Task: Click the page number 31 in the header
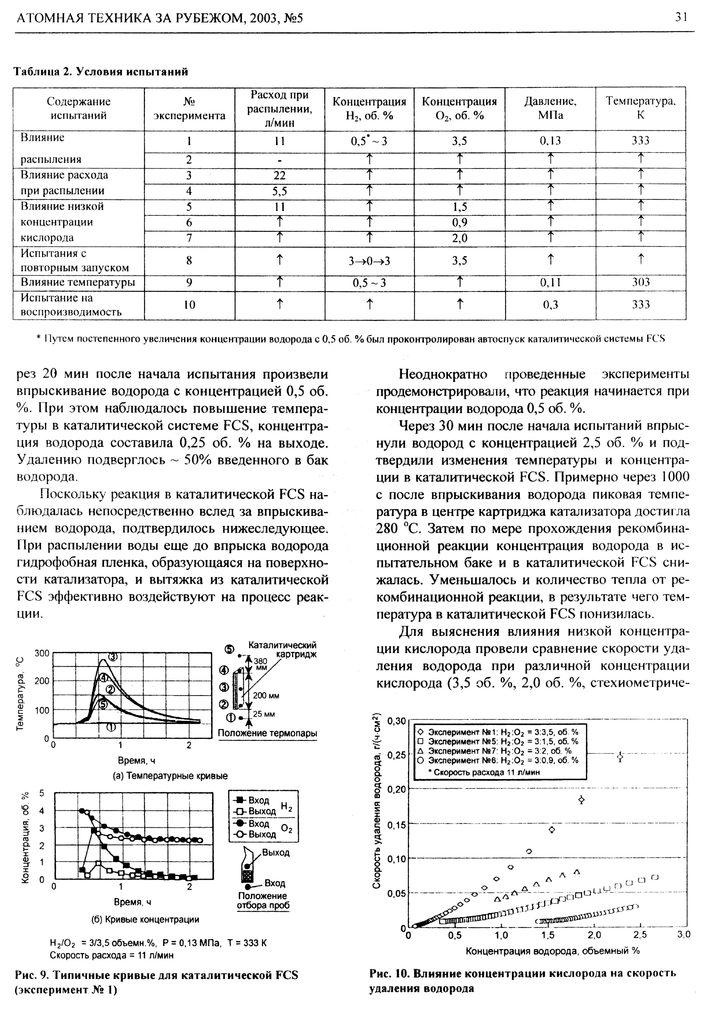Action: [x=681, y=17]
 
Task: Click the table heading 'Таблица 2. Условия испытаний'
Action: [x=101, y=72]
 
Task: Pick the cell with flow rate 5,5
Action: [x=280, y=191]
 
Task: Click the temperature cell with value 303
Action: [x=641, y=282]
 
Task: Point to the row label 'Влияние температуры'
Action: [x=78, y=282]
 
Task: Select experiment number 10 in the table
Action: [x=189, y=305]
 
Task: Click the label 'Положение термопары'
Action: [x=268, y=733]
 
